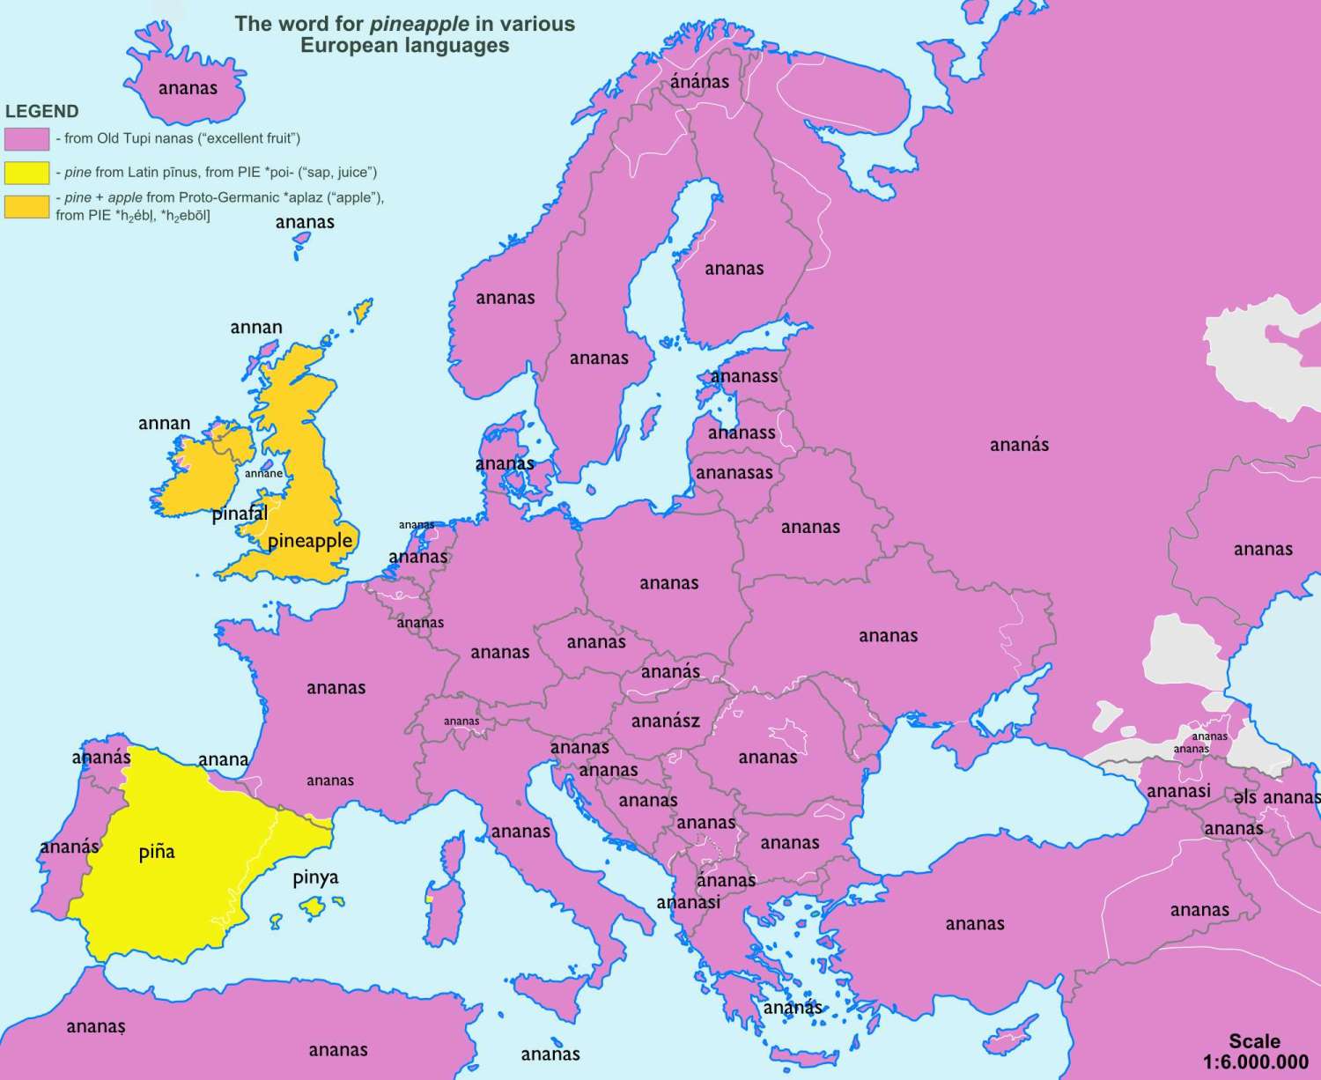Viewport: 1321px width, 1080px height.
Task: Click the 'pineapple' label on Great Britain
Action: pos(310,541)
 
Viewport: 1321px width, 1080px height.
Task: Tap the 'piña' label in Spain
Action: pos(157,852)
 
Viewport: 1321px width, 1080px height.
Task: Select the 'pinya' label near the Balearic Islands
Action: pos(315,877)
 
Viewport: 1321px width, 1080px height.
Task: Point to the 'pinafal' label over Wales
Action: pos(240,514)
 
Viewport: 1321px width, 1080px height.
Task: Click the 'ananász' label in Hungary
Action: pos(666,721)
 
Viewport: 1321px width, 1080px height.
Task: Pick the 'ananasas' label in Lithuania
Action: pos(734,473)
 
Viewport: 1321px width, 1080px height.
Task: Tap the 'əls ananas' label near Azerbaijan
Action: pos(1276,797)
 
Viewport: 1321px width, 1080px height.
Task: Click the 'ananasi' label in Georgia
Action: pos(1178,791)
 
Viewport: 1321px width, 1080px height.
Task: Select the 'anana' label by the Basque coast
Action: pos(223,759)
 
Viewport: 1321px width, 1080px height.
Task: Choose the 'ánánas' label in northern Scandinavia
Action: pos(699,82)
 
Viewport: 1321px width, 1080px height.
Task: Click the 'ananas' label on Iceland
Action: pos(188,88)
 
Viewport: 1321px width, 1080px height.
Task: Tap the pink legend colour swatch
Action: pos(26,139)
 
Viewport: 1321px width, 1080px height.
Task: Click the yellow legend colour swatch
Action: pos(26,173)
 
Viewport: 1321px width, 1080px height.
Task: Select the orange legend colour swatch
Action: pos(26,206)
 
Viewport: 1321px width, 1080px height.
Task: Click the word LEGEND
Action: pos(41,112)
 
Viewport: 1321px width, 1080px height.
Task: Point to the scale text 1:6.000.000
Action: pos(1255,1062)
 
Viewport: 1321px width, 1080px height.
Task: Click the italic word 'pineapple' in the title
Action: pos(419,24)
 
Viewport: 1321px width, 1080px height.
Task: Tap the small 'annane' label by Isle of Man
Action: pos(263,474)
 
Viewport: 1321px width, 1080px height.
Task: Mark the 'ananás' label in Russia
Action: pos(1019,445)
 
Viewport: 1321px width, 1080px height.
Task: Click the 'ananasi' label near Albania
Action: pos(688,902)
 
